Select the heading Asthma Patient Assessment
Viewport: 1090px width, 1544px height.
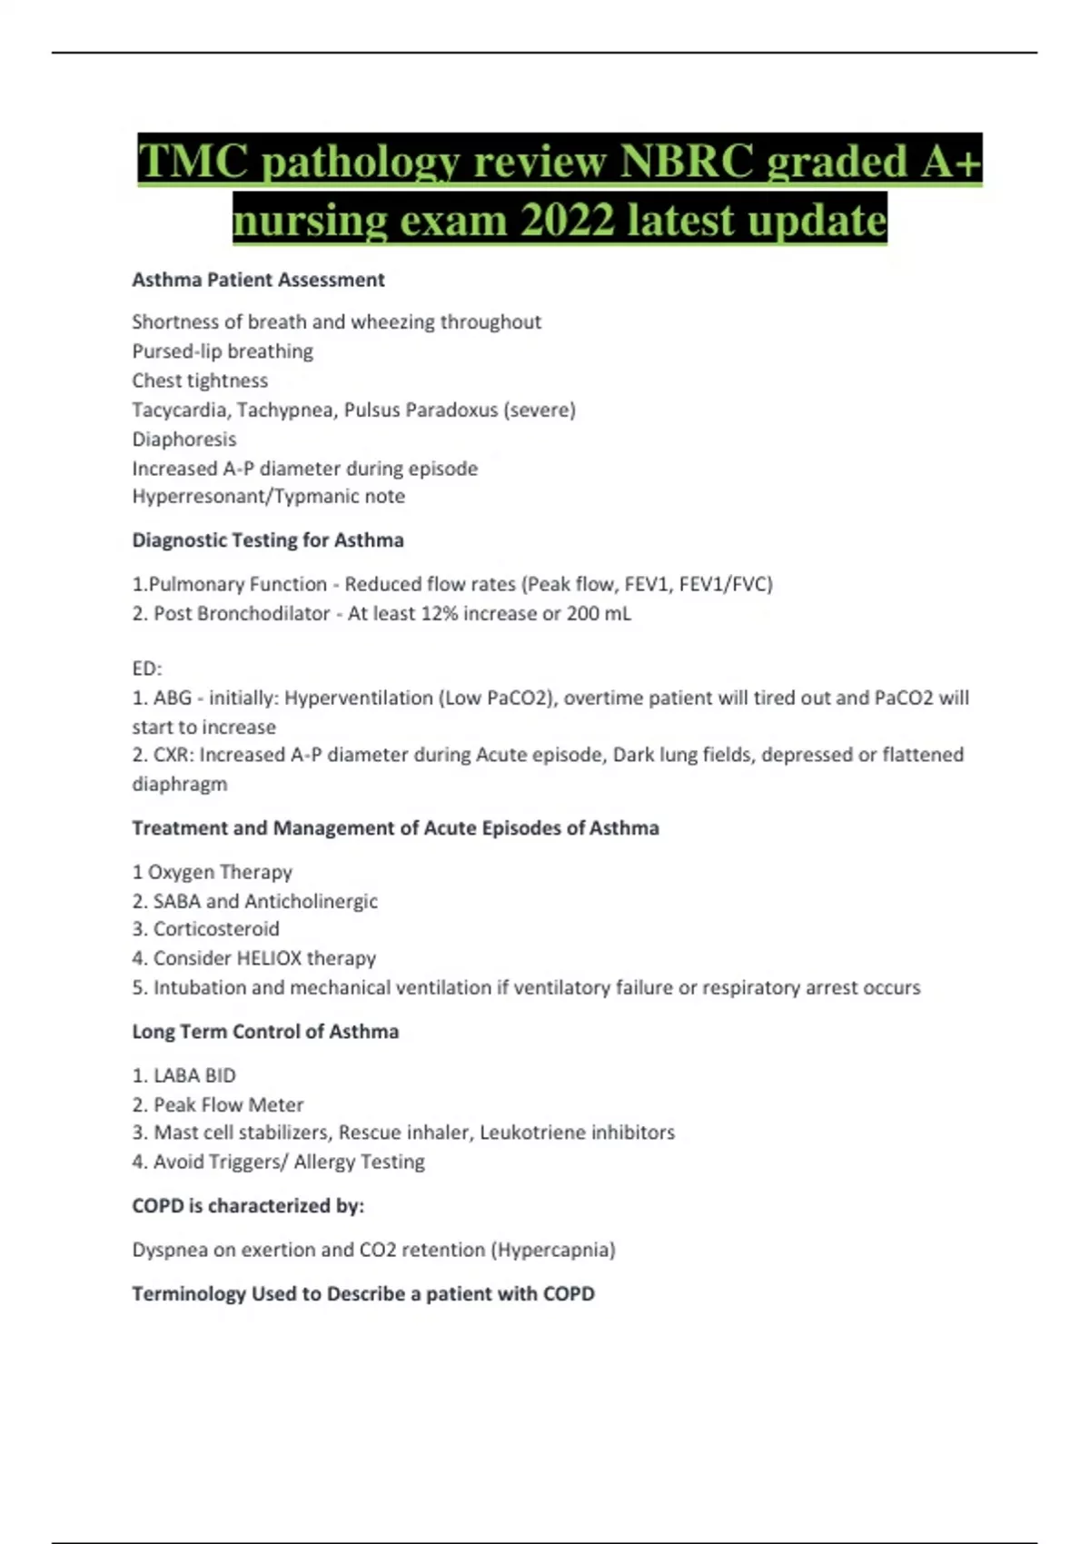pos(258,280)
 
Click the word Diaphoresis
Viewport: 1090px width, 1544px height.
pos(183,440)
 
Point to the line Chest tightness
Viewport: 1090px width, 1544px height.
pos(200,381)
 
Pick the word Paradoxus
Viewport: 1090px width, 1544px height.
pos(451,410)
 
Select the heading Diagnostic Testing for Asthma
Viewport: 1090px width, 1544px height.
pos(268,540)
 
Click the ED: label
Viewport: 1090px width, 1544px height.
pos(146,669)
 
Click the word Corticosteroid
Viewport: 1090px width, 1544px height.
pos(216,929)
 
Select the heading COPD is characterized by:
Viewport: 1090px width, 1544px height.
pos(248,1206)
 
